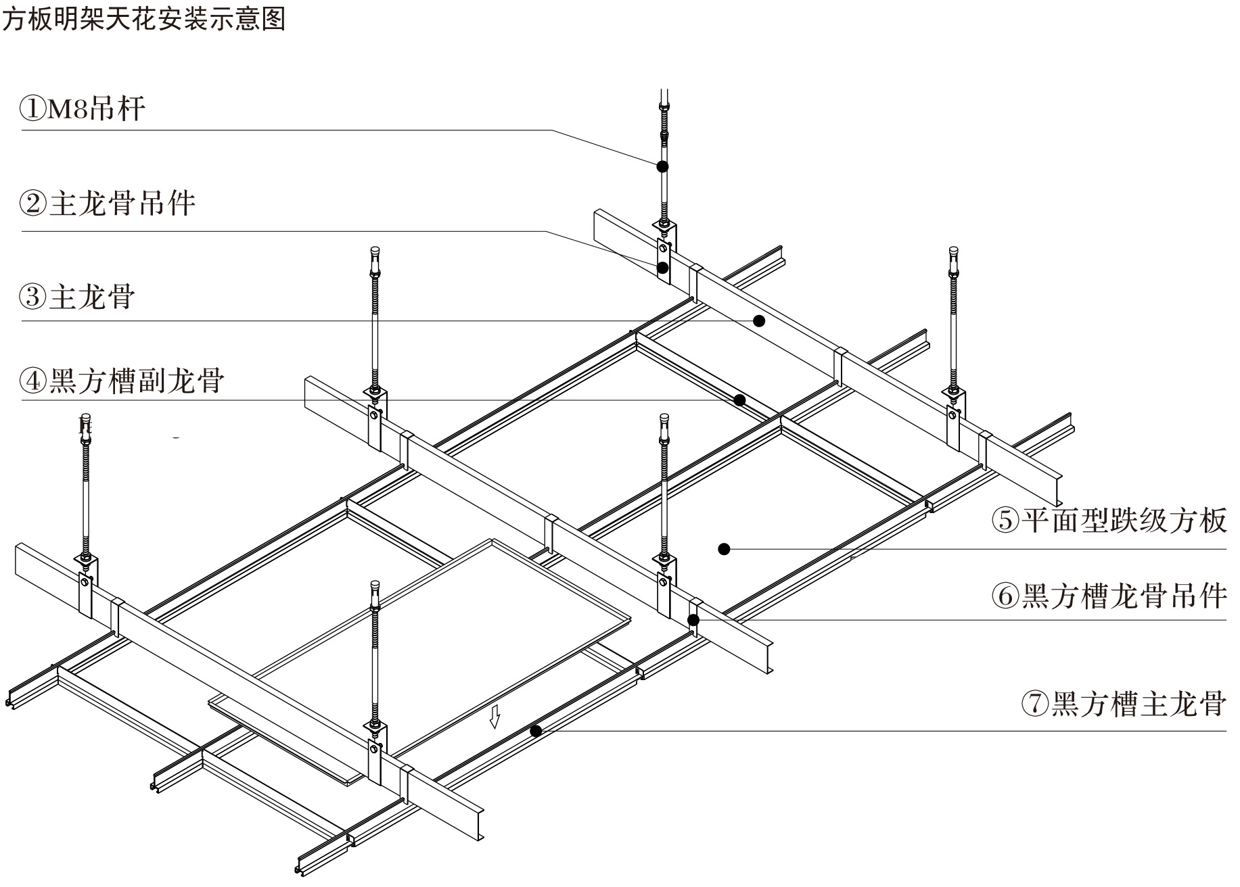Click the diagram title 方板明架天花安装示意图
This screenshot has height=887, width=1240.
tap(143, 18)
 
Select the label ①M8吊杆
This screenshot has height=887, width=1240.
tap(83, 109)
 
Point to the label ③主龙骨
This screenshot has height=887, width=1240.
tap(78, 297)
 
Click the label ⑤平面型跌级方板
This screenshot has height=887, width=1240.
tap(1109, 521)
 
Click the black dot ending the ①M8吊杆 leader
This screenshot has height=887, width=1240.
tap(663, 166)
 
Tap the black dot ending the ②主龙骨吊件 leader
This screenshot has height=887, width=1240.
tap(663, 268)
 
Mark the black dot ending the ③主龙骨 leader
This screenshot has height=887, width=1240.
tap(759, 320)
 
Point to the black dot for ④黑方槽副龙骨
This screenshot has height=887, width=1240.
tap(740, 400)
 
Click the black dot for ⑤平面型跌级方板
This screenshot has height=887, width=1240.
tap(724, 549)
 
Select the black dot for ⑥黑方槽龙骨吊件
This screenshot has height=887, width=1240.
tap(693, 619)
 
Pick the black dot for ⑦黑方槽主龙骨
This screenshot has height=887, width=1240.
tap(536, 731)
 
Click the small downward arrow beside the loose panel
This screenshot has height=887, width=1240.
tap(495, 717)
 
